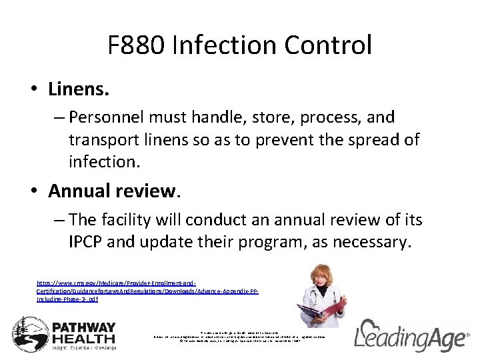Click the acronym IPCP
85,241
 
